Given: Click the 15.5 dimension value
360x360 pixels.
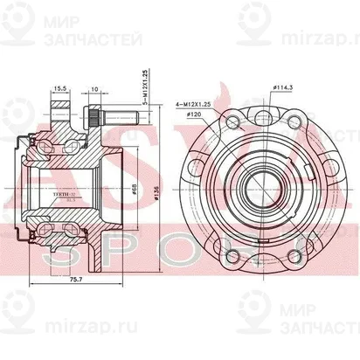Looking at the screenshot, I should pos(59,89).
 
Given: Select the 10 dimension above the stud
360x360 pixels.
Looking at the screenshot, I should pos(93,89).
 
